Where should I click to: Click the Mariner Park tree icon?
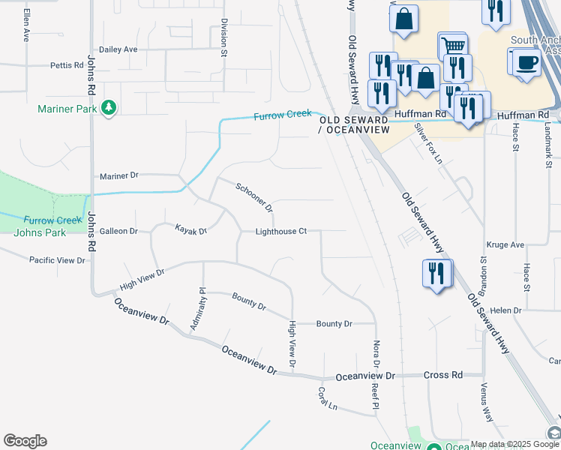pyautogui.click(x=109, y=108)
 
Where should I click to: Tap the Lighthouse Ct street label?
pyautogui.click(x=281, y=231)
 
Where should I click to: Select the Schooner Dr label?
pyautogui.click(x=253, y=196)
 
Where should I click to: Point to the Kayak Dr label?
pyautogui.click(x=190, y=229)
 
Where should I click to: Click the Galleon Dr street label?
pyautogui.click(x=119, y=231)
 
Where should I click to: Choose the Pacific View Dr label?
pyautogui.click(x=57, y=260)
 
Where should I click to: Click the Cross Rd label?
pyautogui.click(x=442, y=375)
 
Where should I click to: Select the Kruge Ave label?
pyautogui.click(x=505, y=244)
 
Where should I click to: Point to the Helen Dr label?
pyautogui.click(x=505, y=310)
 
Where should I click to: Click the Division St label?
pyautogui.click(x=223, y=38)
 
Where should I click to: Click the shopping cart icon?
pyautogui.click(x=452, y=45)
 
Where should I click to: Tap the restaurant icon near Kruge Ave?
pyautogui.click(x=436, y=273)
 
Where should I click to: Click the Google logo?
pyautogui.click(x=25, y=441)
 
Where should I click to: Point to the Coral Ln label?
pyautogui.click(x=327, y=398)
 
